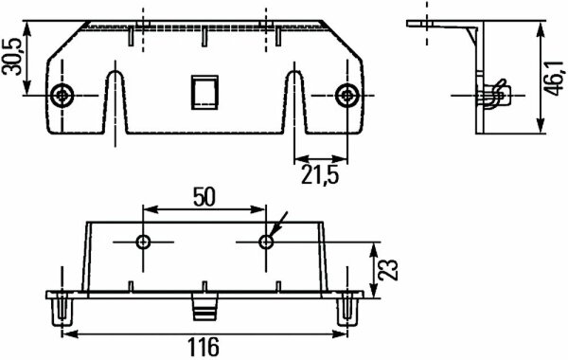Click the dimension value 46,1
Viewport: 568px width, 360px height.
coord(555,78)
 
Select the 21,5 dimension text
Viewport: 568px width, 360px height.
coord(320,175)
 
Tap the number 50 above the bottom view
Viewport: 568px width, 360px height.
coord(204,197)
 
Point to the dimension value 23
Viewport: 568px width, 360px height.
coord(387,269)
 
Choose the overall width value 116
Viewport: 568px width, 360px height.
coord(204,347)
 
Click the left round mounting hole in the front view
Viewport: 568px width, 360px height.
coord(62,96)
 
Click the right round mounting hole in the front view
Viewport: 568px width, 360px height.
coord(347,96)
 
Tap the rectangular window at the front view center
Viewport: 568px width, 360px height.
coord(204,93)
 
